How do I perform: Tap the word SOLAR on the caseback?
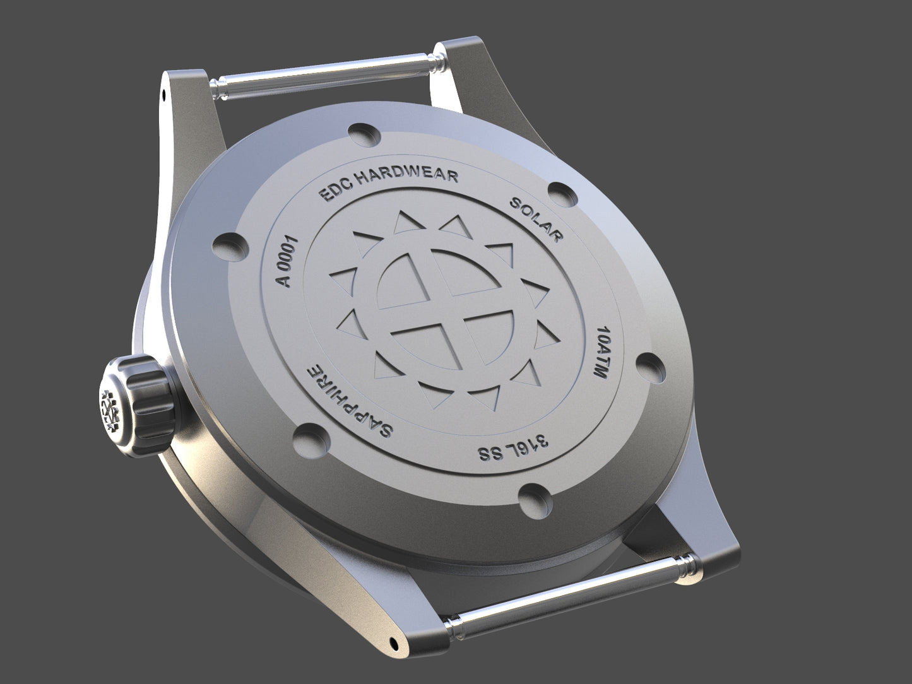(x=536, y=220)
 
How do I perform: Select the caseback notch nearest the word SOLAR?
(x=562, y=194)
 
